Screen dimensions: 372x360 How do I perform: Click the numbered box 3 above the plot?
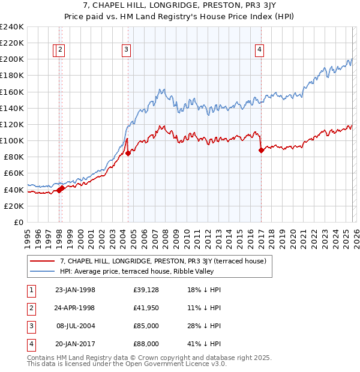tap(127, 50)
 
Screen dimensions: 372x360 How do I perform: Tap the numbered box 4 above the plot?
tap(259, 50)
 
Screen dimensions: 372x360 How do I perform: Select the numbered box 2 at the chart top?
tap(61, 50)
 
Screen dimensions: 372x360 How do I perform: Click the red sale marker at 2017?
tap(261, 151)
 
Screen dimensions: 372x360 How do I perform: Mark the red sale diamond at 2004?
tap(128, 153)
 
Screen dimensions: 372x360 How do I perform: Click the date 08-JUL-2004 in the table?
tap(75, 326)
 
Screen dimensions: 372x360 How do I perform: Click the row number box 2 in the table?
tap(30, 308)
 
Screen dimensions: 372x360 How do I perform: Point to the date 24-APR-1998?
tap(75, 308)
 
